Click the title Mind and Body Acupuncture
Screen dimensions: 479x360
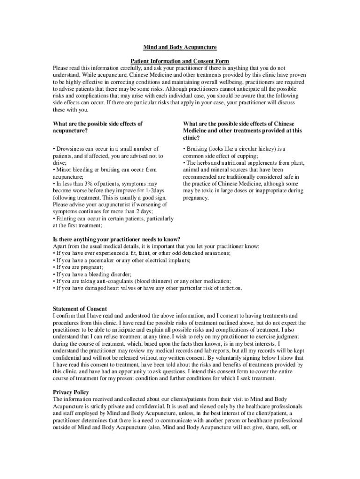click(x=180, y=48)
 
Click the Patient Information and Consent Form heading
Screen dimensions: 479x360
click(x=180, y=61)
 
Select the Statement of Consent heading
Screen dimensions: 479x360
click(x=80, y=309)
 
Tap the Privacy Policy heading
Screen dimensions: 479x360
click(x=71, y=392)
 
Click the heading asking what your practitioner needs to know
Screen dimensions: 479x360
click(x=116, y=239)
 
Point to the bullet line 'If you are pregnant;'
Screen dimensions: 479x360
click(x=78, y=267)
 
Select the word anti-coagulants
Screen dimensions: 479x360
click(x=115, y=281)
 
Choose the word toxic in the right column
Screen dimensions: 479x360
click(x=210, y=191)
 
